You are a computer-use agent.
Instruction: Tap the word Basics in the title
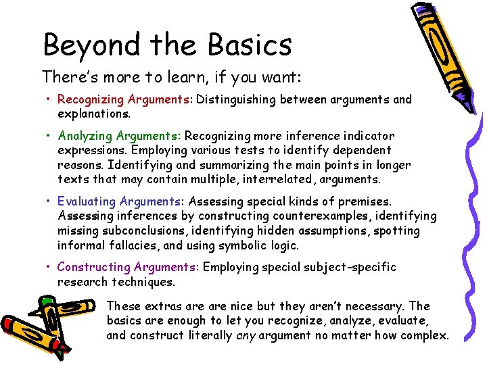click(x=250, y=45)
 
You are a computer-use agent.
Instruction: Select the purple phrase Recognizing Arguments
click(x=123, y=99)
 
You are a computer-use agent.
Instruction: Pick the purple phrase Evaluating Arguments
click(x=120, y=201)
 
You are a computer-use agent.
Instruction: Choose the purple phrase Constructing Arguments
click(x=126, y=267)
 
